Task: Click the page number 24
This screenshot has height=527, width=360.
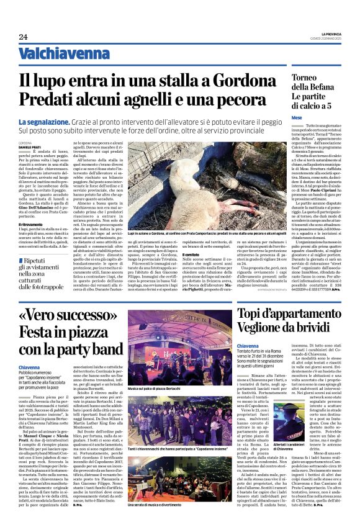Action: [x=23, y=37]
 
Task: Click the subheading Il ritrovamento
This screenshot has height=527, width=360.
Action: [x=30, y=224]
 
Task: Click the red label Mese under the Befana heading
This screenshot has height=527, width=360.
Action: [x=297, y=117]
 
